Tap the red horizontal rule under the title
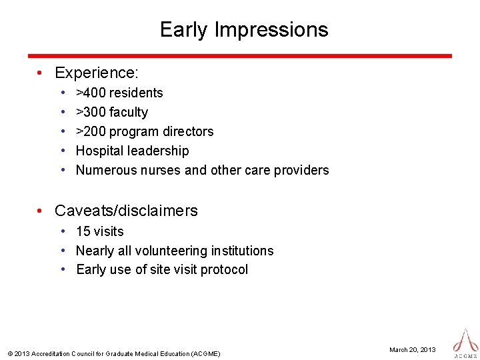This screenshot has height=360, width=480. [239, 56]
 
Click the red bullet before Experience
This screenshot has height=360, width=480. [41, 73]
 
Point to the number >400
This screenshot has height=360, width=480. [91, 93]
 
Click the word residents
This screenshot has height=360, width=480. [136, 93]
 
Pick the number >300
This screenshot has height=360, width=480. [91, 112]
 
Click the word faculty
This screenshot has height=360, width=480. [129, 112]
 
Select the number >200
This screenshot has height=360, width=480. [91, 131]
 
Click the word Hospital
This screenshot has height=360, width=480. [98, 151]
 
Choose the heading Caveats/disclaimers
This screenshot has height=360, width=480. [126, 211]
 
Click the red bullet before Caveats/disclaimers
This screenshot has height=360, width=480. [41, 211]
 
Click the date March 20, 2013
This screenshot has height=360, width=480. [413, 349]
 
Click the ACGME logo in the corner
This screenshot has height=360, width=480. [465, 341]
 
